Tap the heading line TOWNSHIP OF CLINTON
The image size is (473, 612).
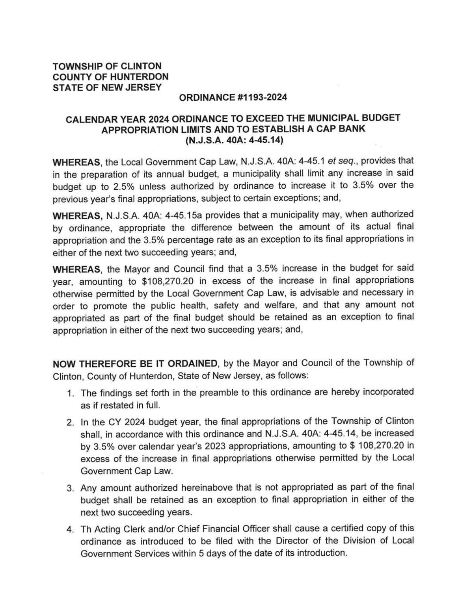[107, 66]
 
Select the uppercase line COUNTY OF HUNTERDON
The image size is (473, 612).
[110, 77]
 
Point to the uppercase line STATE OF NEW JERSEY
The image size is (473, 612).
[107, 87]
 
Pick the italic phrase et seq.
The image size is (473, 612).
[335, 161]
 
